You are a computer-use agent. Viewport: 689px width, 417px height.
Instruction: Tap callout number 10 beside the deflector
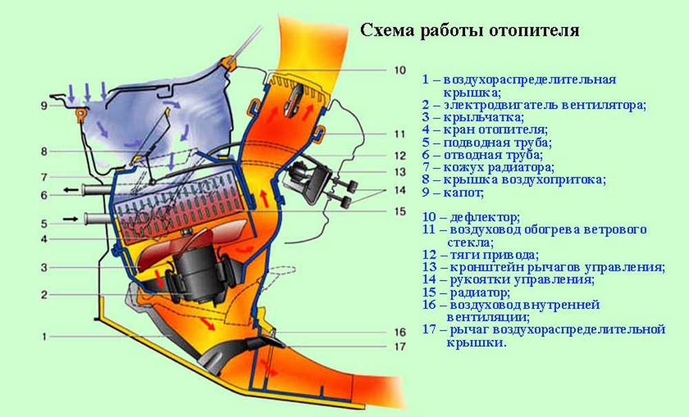pyautogui.click(x=401, y=70)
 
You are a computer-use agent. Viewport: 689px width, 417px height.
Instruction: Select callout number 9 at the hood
pyautogui.click(x=43, y=106)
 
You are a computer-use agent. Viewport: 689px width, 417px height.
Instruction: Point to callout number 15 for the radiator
pyautogui.click(x=401, y=212)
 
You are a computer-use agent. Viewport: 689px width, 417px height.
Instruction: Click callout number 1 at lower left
pyautogui.click(x=43, y=337)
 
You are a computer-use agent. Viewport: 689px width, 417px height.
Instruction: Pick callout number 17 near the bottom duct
pyautogui.click(x=401, y=347)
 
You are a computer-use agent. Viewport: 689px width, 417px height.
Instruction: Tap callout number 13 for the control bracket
pyautogui.click(x=401, y=172)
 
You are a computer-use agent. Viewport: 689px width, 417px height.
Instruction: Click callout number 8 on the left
pyautogui.click(x=43, y=151)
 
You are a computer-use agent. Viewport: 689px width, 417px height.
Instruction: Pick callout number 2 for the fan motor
pyautogui.click(x=43, y=295)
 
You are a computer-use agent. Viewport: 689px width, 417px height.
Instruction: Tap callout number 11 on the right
pyautogui.click(x=401, y=133)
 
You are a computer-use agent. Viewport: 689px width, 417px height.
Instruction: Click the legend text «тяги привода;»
pyautogui.click(x=491, y=255)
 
